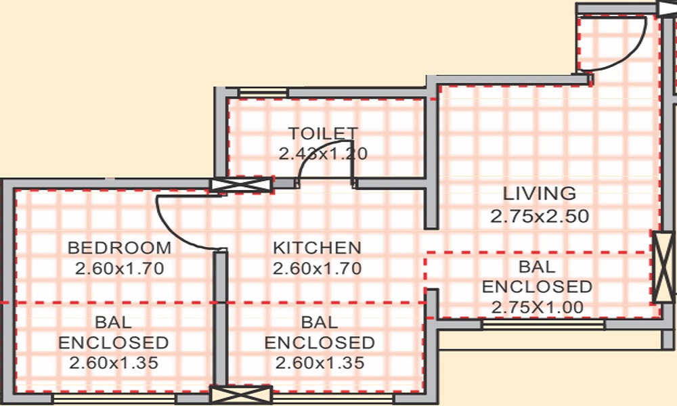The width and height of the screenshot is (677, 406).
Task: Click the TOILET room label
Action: (x=323, y=133)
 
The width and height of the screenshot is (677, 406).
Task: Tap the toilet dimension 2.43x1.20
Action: (x=323, y=154)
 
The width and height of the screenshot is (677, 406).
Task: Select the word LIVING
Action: (x=539, y=194)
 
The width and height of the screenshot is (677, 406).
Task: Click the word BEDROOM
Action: (x=120, y=248)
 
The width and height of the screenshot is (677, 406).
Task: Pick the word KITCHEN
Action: (x=317, y=248)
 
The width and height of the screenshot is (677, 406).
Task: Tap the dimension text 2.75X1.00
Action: (x=538, y=307)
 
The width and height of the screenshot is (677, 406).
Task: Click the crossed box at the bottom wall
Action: (x=241, y=395)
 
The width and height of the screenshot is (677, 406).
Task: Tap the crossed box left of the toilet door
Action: (x=242, y=185)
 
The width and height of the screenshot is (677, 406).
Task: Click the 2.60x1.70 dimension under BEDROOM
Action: (x=120, y=269)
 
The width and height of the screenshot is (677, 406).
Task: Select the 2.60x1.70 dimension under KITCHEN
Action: (x=317, y=269)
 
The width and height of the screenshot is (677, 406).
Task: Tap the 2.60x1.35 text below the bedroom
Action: (x=114, y=363)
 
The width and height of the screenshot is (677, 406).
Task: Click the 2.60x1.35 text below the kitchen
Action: (x=320, y=363)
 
